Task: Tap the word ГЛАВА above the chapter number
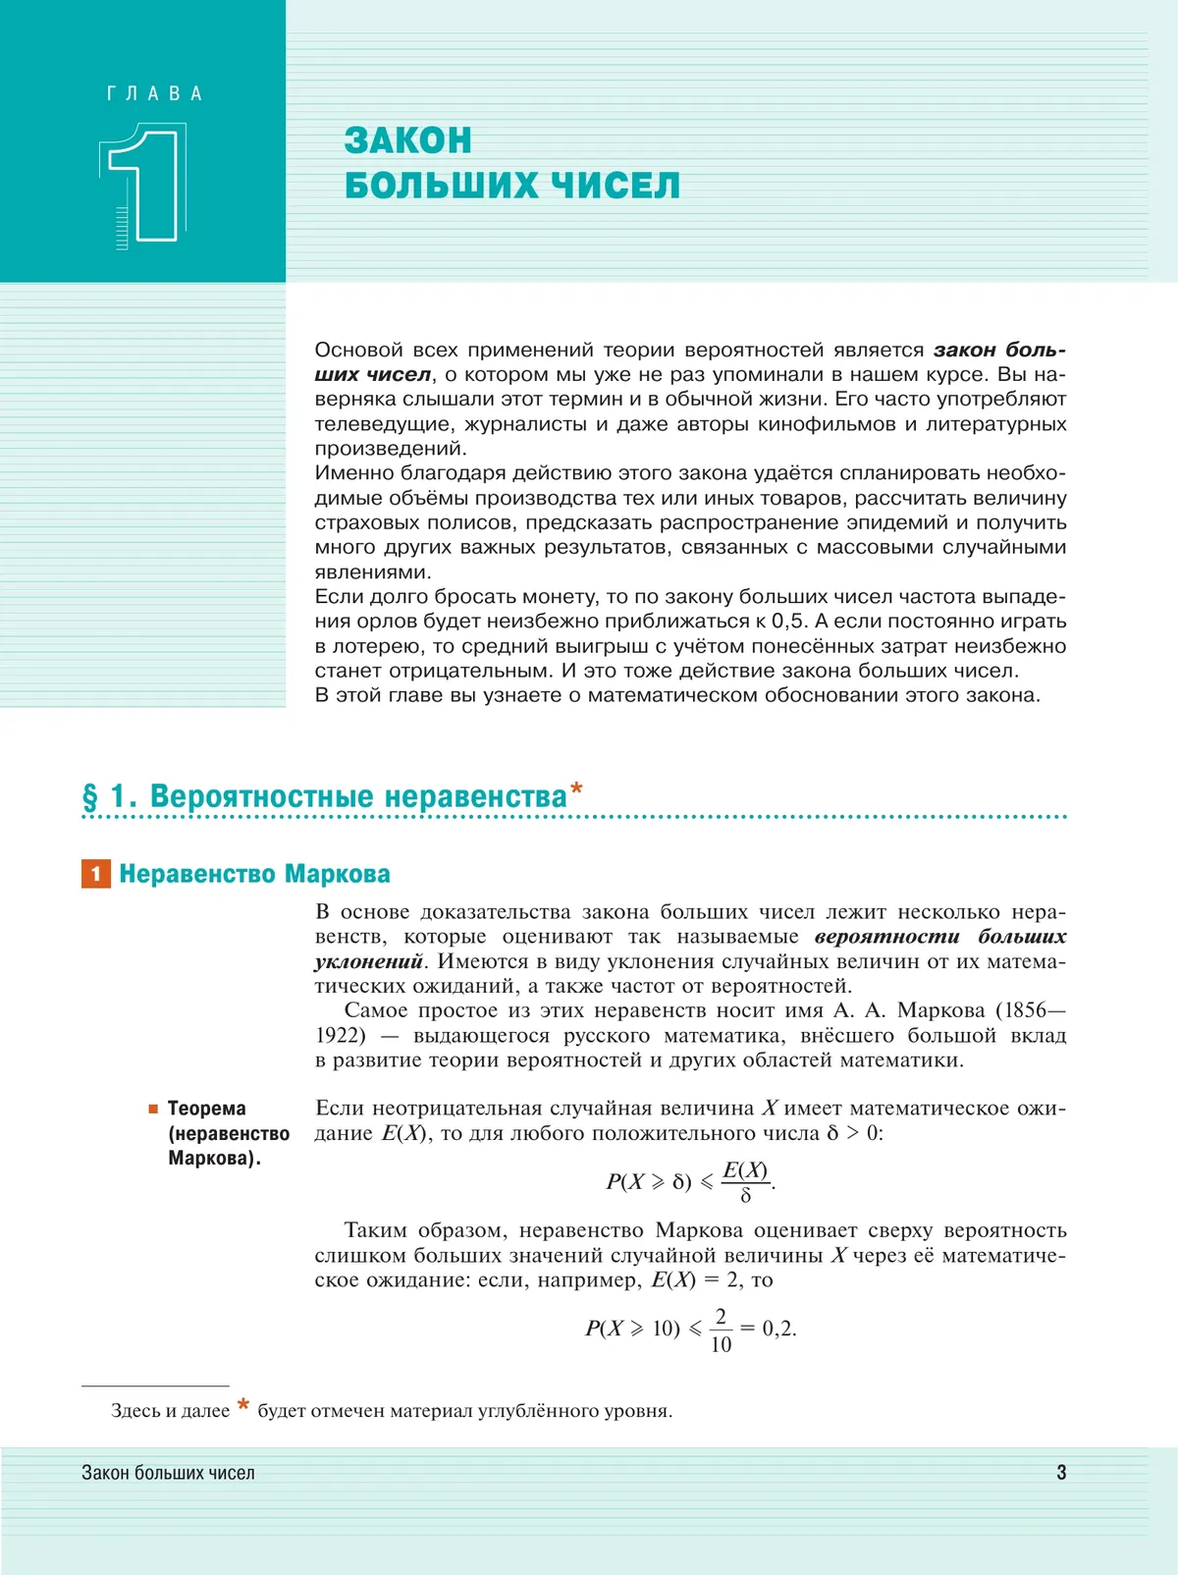click(154, 94)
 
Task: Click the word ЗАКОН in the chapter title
click(407, 140)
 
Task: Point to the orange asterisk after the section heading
click(576, 787)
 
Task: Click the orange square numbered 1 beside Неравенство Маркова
click(95, 874)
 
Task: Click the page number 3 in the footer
click(1061, 1472)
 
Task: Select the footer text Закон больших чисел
click(168, 1473)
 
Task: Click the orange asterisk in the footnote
click(242, 1406)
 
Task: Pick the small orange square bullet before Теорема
click(153, 1109)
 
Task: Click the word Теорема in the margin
click(206, 1109)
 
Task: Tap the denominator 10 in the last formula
click(721, 1344)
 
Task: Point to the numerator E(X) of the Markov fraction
click(745, 1170)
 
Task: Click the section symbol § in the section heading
click(90, 796)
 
